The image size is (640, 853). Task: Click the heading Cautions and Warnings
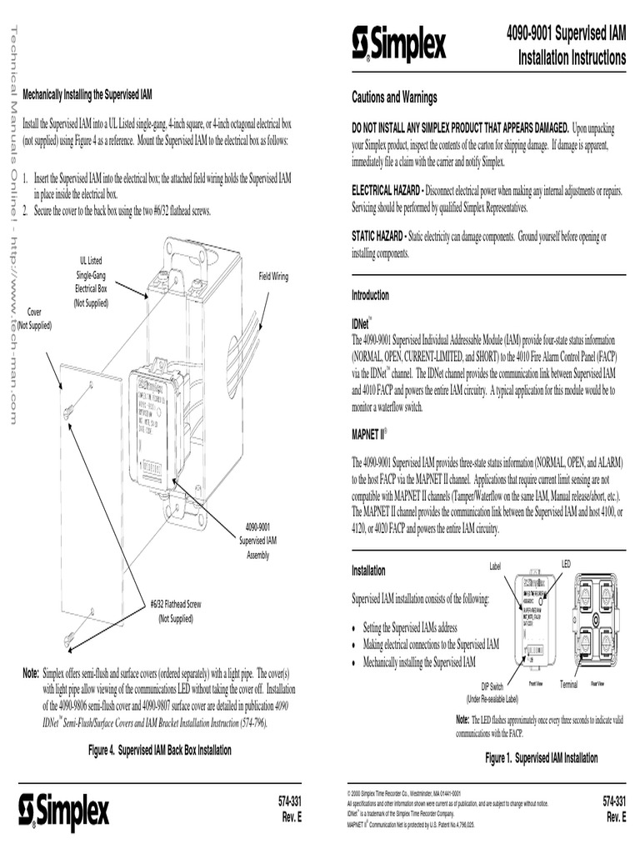[x=394, y=98]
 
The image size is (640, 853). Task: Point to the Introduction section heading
[x=370, y=296]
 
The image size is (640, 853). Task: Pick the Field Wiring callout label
[x=273, y=276]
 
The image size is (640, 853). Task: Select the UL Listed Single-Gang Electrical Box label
[x=91, y=282]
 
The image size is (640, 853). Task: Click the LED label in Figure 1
[x=566, y=564]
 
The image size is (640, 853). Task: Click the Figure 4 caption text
[x=160, y=751]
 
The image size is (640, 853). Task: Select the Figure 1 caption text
[x=542, y=758]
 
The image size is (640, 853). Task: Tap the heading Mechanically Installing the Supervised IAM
[x=87, y=93]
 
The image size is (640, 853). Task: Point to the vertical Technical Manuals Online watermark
[x=13, y=225]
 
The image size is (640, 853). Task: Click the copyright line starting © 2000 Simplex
[x=403, y=794]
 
